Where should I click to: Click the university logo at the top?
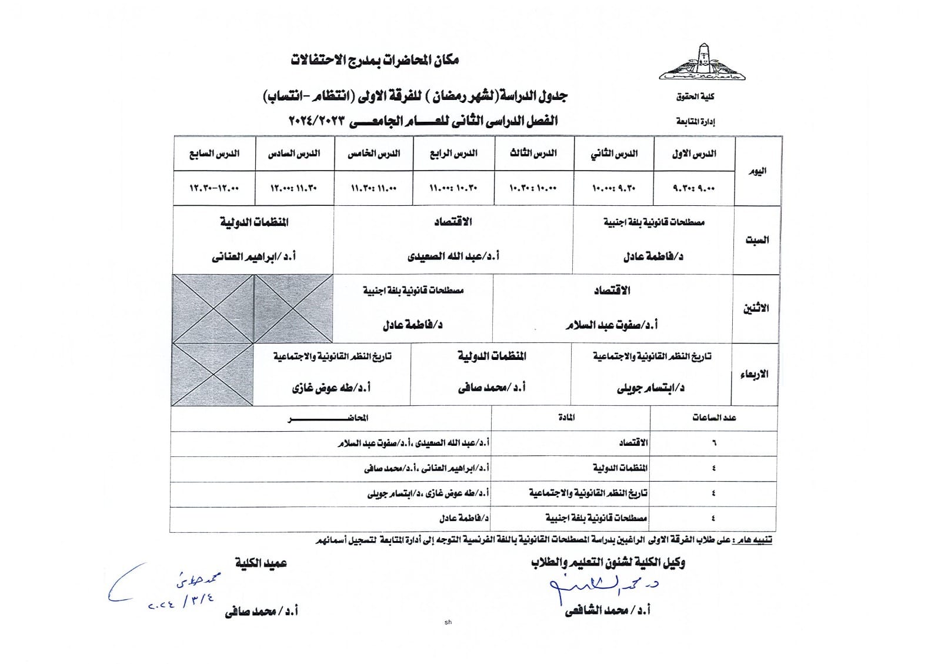702,62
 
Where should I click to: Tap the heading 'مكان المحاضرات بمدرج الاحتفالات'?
375,60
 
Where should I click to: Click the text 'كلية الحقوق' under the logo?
695,96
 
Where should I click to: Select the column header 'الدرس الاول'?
694,154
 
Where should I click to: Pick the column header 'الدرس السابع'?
214,154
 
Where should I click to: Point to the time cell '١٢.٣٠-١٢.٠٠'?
214,188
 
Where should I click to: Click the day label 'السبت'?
757,240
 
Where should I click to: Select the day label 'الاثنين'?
756,308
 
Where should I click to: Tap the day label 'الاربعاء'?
754,375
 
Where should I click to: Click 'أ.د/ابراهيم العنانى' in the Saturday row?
253,256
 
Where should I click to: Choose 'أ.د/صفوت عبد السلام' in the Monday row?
612,325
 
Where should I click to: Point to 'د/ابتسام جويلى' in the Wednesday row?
650,388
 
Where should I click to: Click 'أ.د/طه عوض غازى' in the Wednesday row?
331,388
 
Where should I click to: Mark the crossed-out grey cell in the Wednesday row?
213,375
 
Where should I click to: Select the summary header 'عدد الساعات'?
714,418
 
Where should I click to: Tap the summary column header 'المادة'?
566,418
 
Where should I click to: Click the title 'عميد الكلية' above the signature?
261,563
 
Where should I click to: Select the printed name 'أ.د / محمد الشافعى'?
608,611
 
